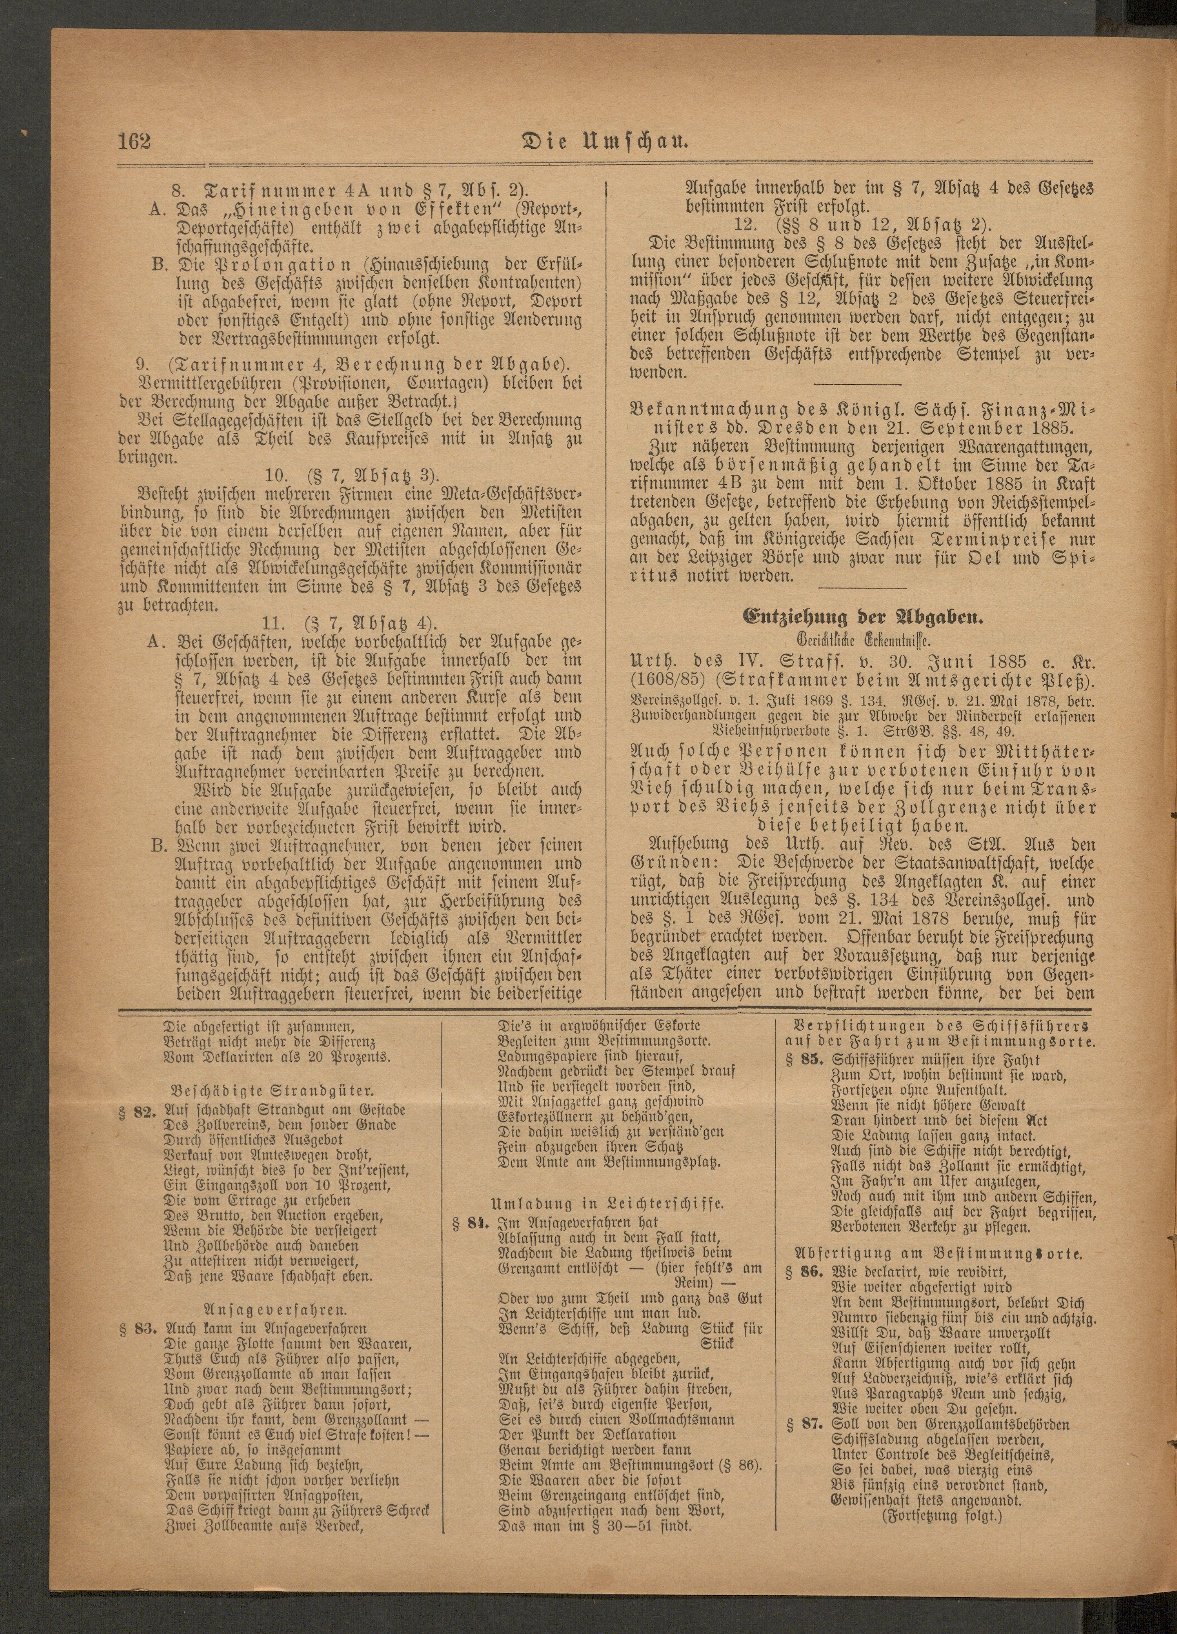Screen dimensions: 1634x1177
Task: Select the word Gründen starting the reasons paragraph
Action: pos(670,862)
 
